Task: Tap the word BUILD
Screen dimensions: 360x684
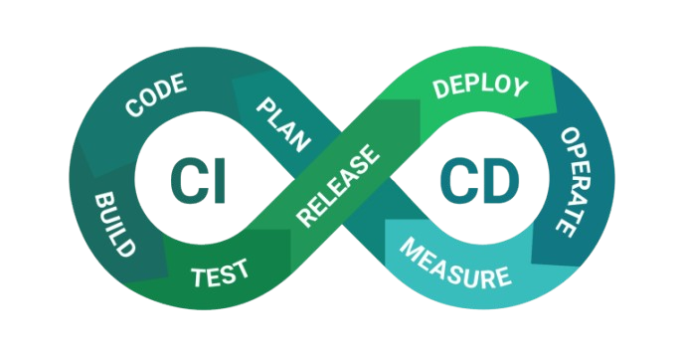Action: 113,225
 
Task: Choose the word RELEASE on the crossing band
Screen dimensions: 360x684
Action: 338,185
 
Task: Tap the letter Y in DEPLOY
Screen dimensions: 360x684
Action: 519,88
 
